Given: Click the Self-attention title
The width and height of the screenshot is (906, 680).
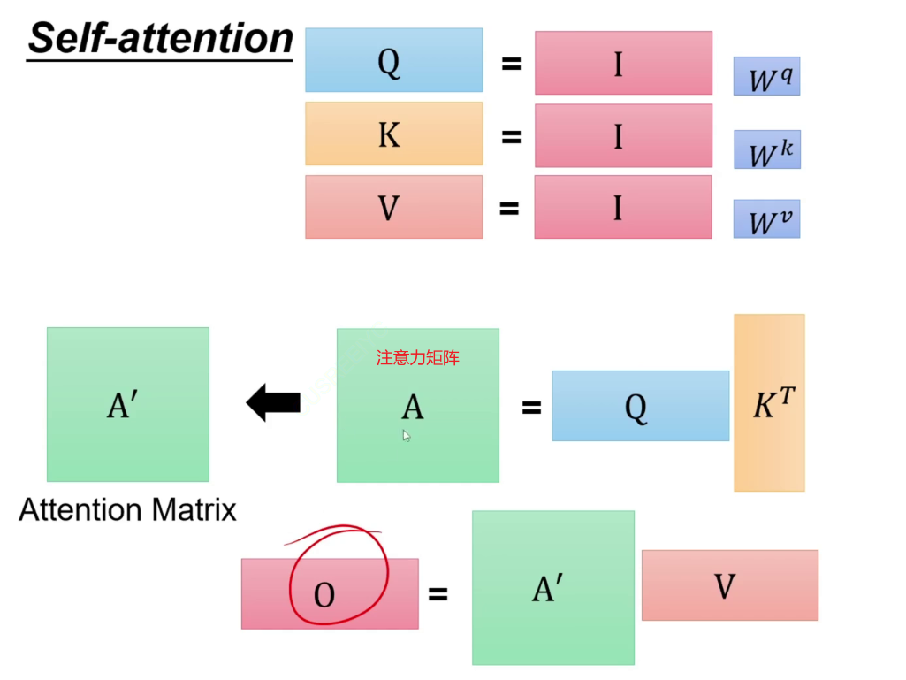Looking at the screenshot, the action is click(160, 39).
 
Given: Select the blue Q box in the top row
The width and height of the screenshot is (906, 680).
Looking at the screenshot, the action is click(393, 60).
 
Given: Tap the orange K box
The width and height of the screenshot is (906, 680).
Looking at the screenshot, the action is click(393, 134).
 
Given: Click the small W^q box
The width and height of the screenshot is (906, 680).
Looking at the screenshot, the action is click(766, 76).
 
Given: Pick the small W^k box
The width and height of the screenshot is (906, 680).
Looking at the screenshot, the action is click(766, 149).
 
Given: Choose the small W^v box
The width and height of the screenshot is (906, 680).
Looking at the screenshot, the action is click(766, 218).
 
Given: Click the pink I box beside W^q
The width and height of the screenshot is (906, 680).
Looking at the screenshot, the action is click(623, 63).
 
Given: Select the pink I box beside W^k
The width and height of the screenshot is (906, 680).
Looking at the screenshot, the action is click(623, 135).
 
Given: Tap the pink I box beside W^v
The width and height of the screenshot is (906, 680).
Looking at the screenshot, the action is click(623, 207).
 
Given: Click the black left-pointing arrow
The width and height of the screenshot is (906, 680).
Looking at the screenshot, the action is click(273, 404).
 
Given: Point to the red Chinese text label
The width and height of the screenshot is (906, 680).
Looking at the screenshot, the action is click(418, 358).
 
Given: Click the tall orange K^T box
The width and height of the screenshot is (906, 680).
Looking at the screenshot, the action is click(769, 402).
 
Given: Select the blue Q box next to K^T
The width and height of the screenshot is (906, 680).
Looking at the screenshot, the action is click(640, 406).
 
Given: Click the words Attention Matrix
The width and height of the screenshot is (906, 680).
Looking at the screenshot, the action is click(128, 510).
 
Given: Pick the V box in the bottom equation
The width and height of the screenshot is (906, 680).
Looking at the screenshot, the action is click(729, 585).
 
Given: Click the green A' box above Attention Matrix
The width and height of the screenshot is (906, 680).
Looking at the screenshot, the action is click(127, 404).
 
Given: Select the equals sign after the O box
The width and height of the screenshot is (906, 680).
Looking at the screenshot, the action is click(438, 594).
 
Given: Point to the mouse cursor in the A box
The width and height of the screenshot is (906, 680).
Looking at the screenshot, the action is click(407, 435).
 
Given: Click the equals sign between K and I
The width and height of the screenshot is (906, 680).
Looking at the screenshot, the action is click(510, 136).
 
